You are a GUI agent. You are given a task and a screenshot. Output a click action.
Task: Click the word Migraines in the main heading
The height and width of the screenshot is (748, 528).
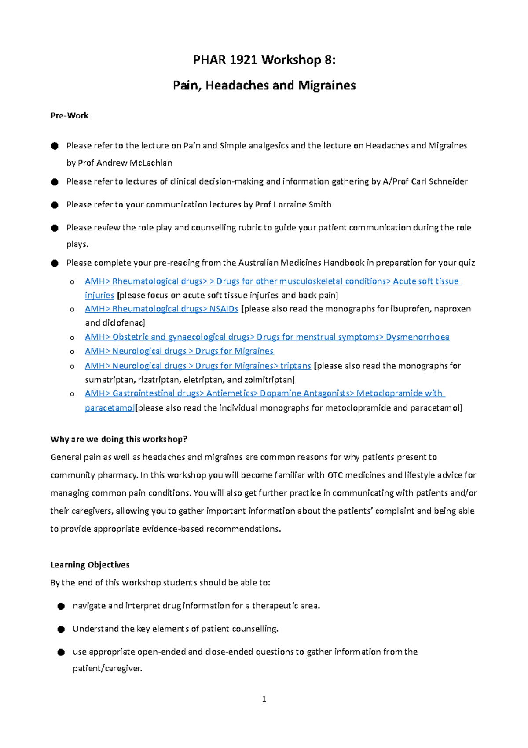[326, 85]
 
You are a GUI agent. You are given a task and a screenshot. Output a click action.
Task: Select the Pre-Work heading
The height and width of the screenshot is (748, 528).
[70, 115]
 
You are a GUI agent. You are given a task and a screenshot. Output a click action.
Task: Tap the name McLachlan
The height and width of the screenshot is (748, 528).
[150, 163]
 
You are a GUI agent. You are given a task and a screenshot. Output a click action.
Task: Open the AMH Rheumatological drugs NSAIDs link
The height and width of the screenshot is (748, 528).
[161, 309]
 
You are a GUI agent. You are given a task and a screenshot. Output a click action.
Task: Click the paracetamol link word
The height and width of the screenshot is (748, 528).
[109, 408]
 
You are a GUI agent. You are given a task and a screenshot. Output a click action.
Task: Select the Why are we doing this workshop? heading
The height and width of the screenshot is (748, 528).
[119, 439]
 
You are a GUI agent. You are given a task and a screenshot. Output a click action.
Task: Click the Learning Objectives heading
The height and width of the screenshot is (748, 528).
[90, 565]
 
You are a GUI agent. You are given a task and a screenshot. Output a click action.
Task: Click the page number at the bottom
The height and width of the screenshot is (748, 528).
[264, 699]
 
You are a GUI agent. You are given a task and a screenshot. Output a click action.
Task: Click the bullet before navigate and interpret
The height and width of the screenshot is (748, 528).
[61, 606]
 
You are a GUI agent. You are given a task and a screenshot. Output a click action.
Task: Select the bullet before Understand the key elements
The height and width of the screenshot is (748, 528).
[61, 629]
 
